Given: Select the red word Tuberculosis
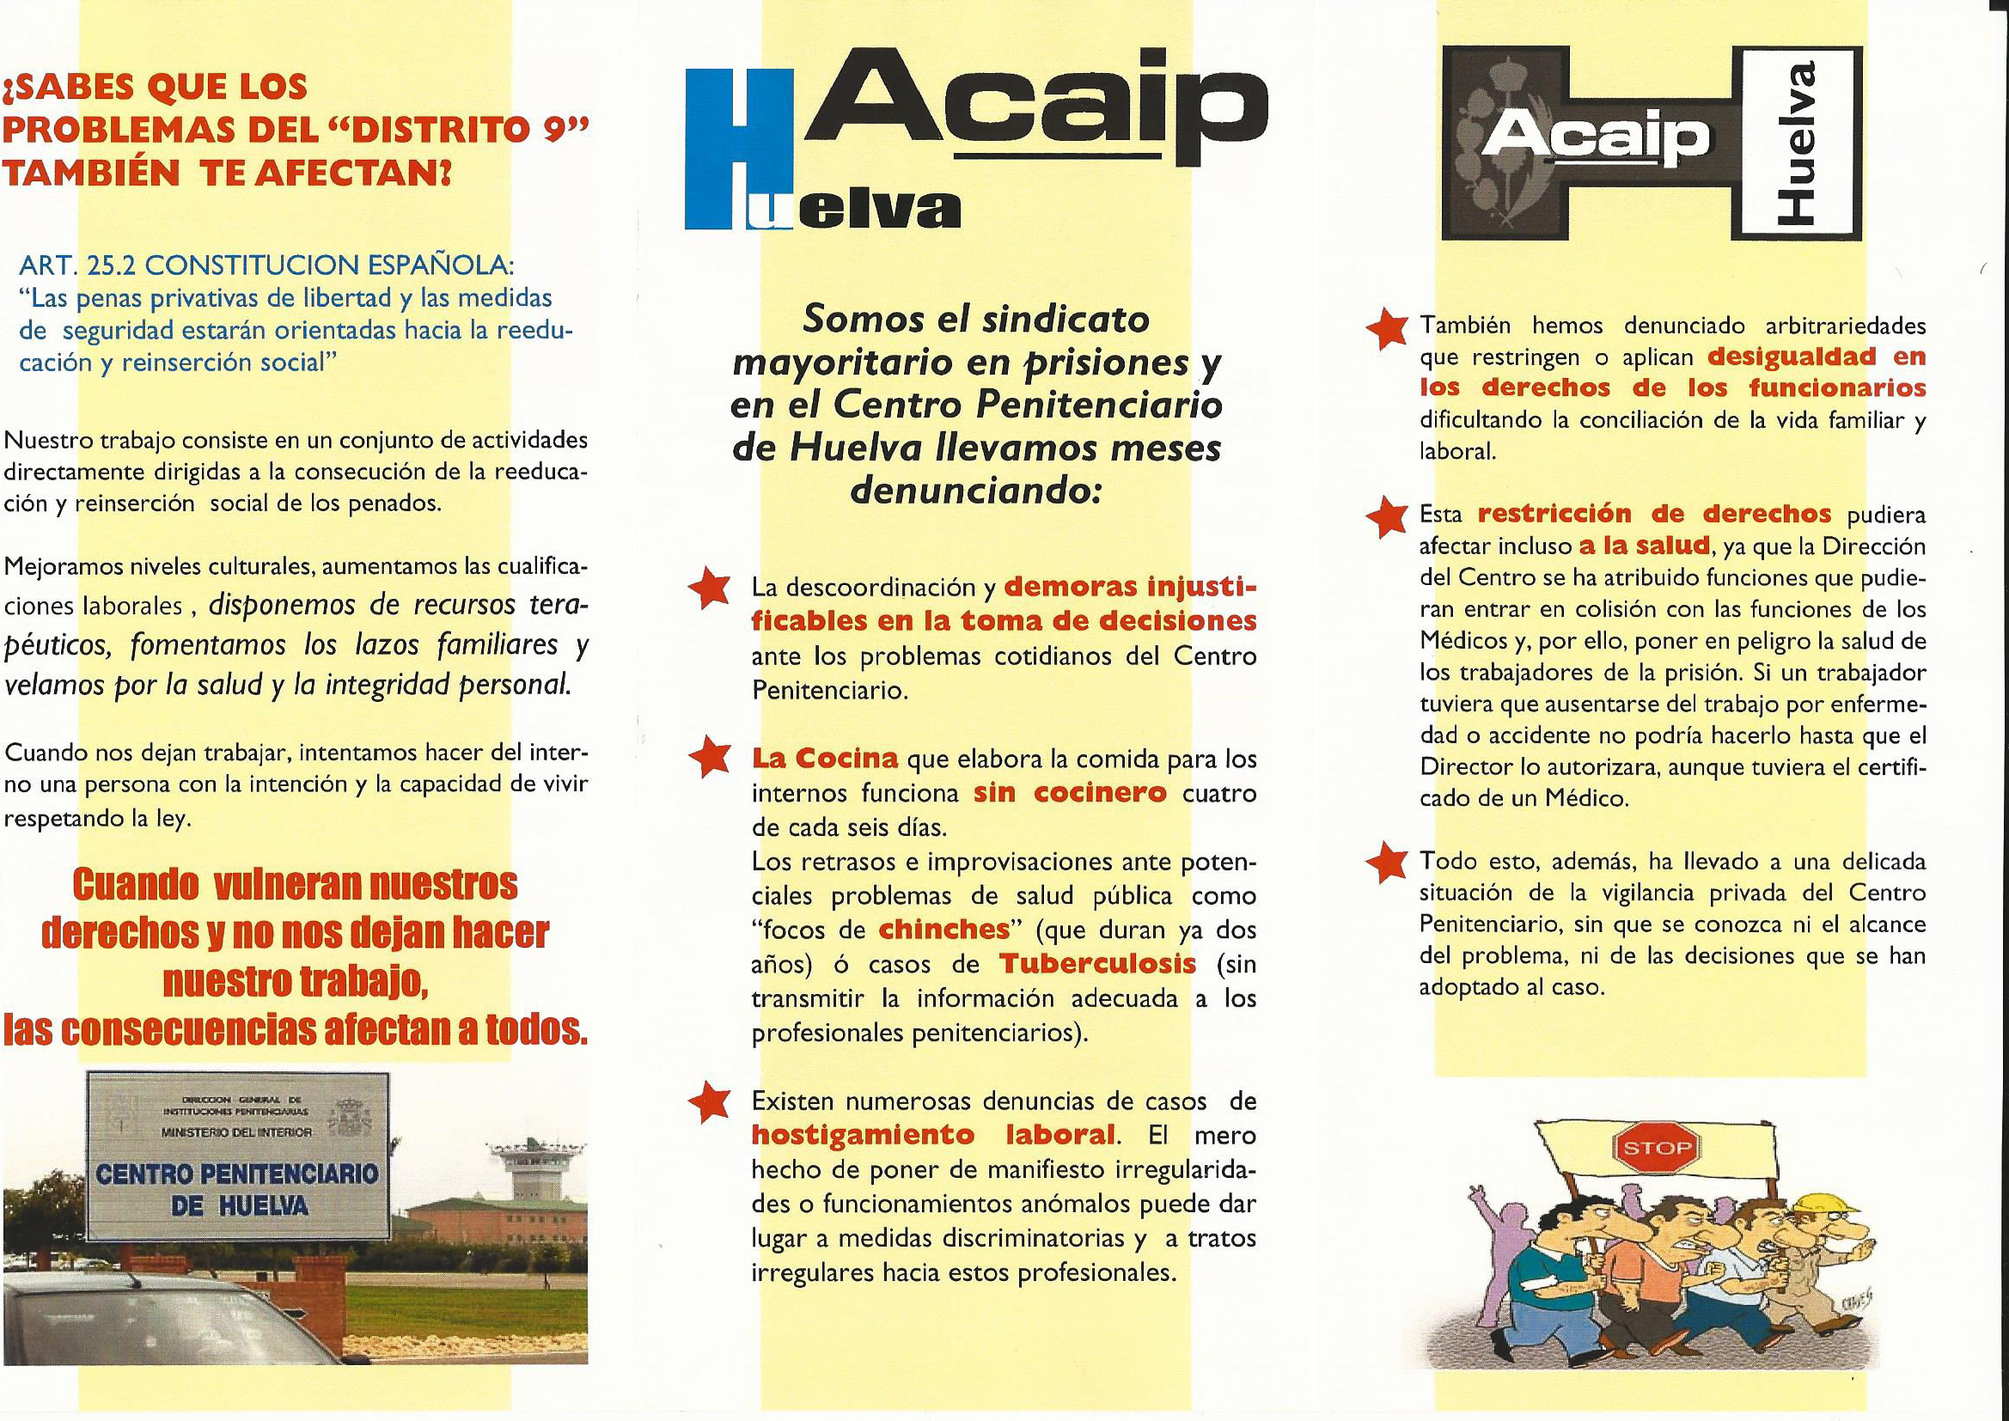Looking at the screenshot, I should coord(1097,964).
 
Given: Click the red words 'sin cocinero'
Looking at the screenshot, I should coord(1070,794).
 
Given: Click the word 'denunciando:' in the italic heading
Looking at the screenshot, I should coord(973,491).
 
